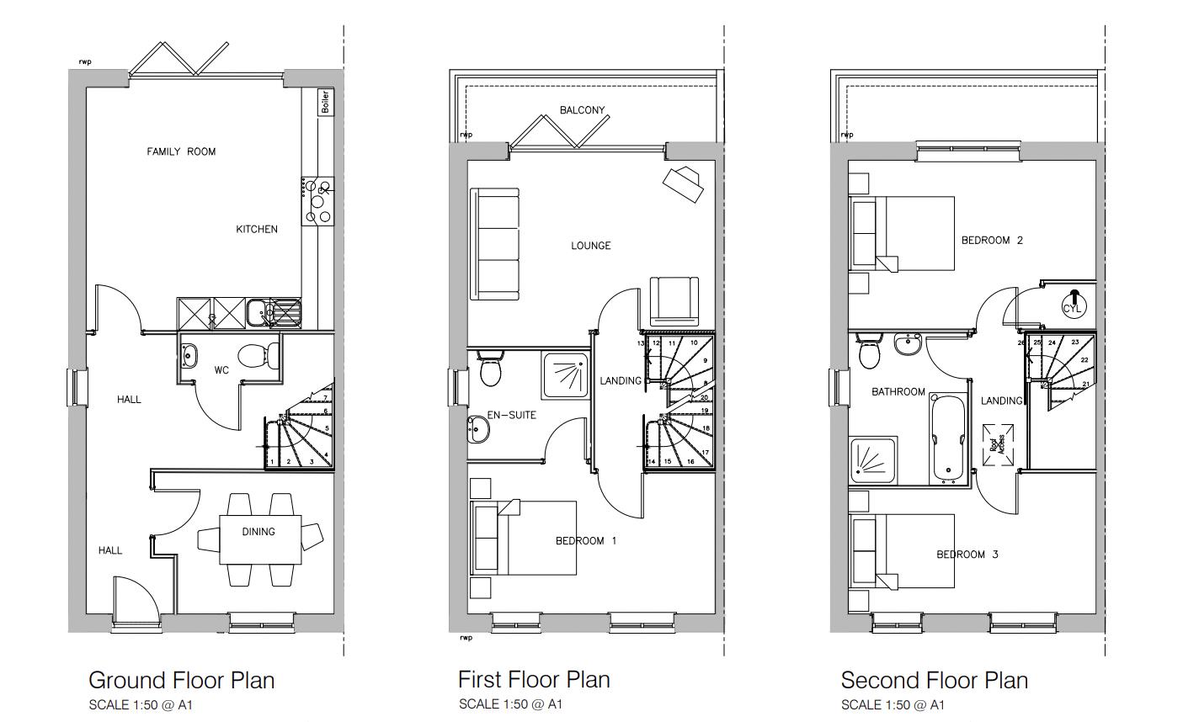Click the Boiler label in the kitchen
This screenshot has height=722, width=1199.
point(325,102)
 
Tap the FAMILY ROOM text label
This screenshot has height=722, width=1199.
point(181,151)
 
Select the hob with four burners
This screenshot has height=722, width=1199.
point(318,200)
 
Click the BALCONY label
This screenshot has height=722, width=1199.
point(582,110)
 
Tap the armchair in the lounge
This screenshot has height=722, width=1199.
point(674,301)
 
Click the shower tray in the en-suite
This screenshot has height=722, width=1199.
point(565,375)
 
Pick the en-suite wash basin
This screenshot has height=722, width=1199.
point(477,431)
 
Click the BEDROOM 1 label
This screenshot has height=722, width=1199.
point(585,540)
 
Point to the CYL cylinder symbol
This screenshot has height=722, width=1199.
point(1072,304)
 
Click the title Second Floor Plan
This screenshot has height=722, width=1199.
point(934,680)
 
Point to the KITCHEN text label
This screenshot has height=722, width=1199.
point(256,229)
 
